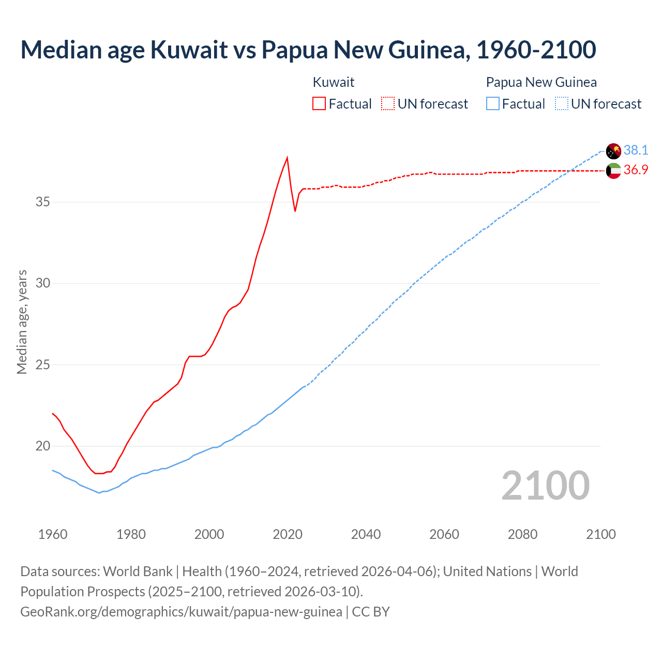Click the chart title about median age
[308, 50]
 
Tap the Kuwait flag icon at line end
[613, 171]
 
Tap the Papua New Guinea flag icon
[613, 151]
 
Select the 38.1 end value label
[636, 151]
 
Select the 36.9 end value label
[636, 170]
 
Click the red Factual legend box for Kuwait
[319, 104]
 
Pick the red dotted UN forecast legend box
[388, 104]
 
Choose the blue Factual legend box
[493, 104]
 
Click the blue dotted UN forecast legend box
[562, 104]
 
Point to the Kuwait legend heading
[334, 82]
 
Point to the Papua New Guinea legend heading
[541, 82]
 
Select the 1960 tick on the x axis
[53, 534]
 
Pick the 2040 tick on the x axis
[366, 534]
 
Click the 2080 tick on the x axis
[522, 534]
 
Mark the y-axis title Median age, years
[22, 322]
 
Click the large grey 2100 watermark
[545, 485]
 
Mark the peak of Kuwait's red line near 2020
[287, 158]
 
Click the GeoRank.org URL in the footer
[181, 612]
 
